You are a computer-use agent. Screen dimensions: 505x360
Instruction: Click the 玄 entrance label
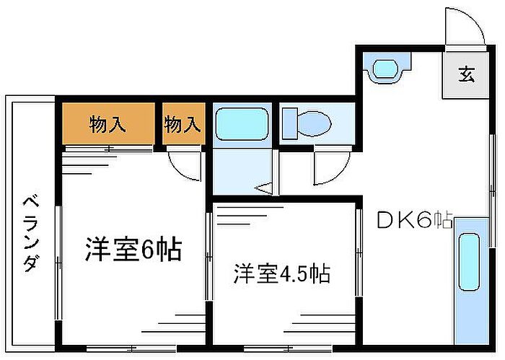coord(467,74)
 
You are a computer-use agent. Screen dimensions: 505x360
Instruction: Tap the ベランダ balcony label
coord(32,234)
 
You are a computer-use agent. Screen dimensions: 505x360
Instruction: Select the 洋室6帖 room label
coord(133,249)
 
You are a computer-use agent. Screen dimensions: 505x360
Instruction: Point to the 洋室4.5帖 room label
coord(282,274)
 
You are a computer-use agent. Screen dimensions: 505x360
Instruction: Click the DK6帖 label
coord(415,221)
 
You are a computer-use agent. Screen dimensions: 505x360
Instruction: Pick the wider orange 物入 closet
coord(108,123)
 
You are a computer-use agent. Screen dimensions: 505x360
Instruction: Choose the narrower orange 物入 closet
coord(183,123)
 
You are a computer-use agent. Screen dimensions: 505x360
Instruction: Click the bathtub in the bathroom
coord(242,124)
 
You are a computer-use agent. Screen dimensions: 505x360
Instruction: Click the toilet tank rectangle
coord(289,123)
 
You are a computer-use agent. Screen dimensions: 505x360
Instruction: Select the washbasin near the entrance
coord(387,69)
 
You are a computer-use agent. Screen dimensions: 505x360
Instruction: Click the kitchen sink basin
coord(469,263)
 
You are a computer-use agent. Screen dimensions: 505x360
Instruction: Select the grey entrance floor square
coord(465,75)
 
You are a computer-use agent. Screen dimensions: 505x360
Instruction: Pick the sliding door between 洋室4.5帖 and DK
coord(359,252)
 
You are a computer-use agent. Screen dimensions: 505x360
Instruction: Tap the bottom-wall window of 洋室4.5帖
coord(288,348)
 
